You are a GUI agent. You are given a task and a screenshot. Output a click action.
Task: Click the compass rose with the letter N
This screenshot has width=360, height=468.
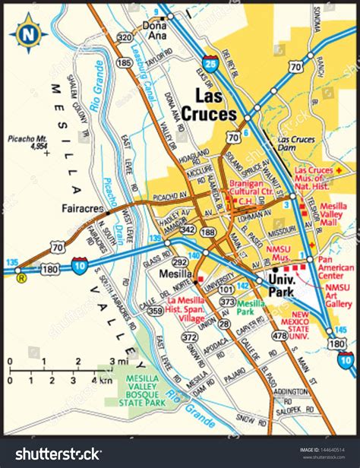pos(28,33)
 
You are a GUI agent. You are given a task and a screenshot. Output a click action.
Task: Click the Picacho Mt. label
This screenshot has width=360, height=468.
pos(28,142)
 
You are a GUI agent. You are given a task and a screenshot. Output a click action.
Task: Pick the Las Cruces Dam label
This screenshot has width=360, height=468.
pos(296,145)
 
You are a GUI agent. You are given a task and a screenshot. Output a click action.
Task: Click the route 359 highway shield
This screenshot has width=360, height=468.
pos(155,310)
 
